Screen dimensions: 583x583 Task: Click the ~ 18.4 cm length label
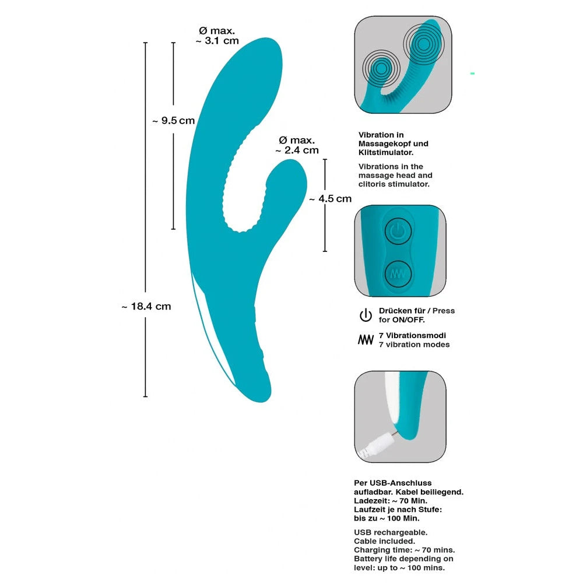(146, 306)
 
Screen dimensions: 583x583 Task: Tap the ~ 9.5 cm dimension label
(173, 121)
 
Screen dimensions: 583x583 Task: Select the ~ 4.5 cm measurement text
(330, 198)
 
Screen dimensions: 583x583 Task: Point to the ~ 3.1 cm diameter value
(217, 41)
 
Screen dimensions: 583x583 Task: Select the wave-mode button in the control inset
(397, 272)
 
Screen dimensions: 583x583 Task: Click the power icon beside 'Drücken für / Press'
(366, 316)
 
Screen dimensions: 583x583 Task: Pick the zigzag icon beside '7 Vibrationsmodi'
(366, 340)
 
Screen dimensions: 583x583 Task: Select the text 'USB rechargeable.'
(391, 532)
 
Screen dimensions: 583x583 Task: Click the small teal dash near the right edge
(472, 73)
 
